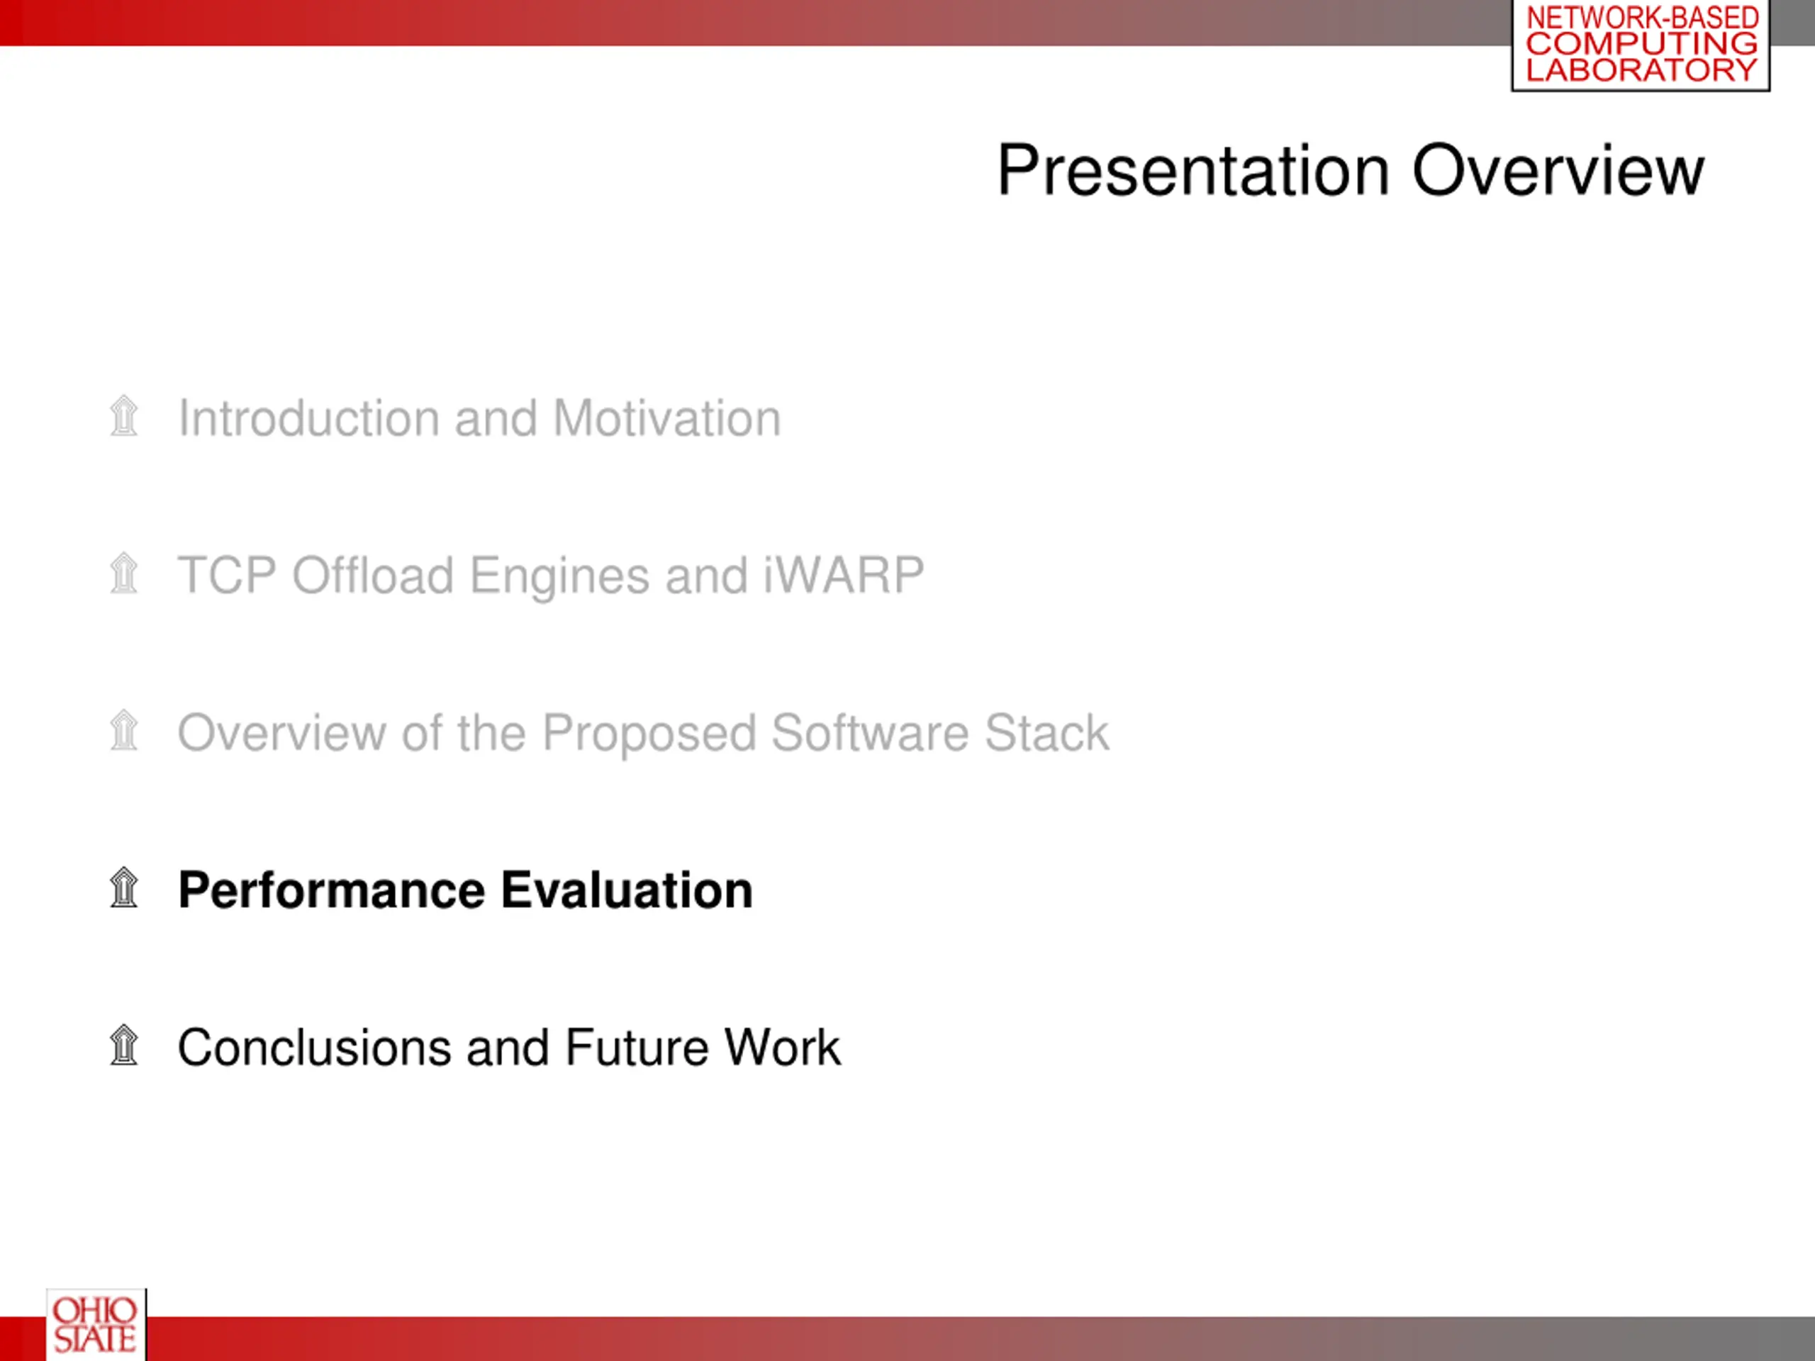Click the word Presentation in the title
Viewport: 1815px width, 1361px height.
[x=1194, y=171]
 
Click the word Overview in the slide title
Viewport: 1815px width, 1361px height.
[x=1558, y=171]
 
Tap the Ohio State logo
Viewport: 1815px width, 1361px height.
[x=96, y=1324]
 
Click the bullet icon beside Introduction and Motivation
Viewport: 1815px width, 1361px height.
[x=124, y=416]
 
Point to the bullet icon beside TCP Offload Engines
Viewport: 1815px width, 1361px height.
[x=124, y=573]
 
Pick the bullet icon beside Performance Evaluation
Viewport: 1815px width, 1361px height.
[x=124, y=887]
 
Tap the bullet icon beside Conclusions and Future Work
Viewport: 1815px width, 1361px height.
[x=124, y=1045]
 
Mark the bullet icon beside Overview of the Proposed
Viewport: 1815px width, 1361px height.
[x=124, y=730]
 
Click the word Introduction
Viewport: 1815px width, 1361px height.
[x=308, y=418]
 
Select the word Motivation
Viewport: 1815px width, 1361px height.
[x=667, y=418]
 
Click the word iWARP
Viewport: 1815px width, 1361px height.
[x=844, y=575]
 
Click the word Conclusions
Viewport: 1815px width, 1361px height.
[x=314, y=1048]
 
